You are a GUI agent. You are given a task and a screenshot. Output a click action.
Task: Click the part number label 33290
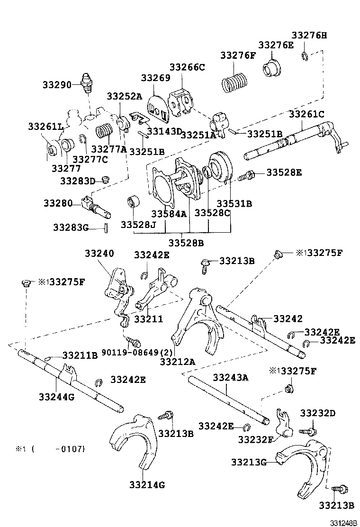coord(56,85)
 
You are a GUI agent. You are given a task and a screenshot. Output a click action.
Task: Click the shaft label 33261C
coord(306,114)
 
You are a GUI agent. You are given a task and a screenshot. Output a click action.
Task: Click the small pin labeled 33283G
coord(106,228)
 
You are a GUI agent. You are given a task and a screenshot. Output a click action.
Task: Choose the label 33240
coord(99,254)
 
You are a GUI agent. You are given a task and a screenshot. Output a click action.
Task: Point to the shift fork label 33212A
coord(177,362)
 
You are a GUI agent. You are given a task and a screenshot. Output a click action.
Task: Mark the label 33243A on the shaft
coord(230,377)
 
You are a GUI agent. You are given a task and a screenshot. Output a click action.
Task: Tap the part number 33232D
coord(317,413)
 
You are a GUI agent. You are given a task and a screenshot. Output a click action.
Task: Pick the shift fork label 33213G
coord(249,462)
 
